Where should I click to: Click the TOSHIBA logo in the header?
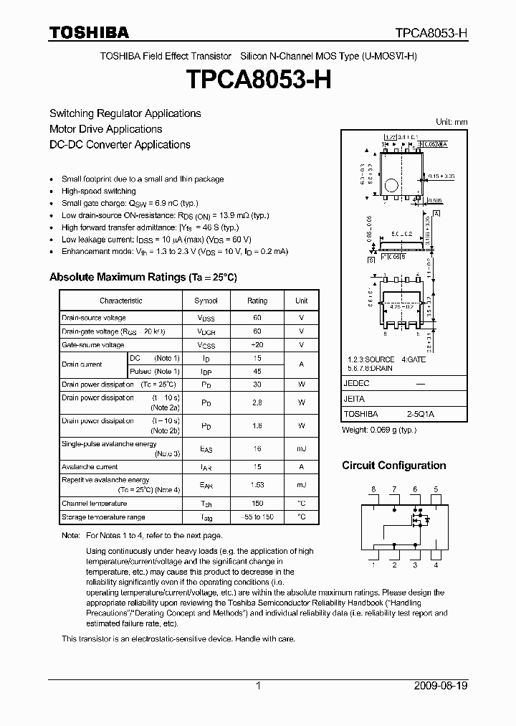89,32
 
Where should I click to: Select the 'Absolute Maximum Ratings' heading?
143,277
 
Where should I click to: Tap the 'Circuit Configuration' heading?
393,466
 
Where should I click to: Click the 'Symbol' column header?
206,301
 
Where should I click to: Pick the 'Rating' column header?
257,301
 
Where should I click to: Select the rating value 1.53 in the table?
257,485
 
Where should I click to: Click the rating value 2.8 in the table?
257,402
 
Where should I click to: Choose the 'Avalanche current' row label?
90,467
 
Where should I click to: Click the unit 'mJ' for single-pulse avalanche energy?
301,448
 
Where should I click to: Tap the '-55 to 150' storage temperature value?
257,517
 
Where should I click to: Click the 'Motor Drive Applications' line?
105,129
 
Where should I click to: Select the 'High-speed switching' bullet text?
99,192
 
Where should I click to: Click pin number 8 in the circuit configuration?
373,489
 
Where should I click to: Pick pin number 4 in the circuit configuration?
436,565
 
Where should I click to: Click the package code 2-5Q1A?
421,414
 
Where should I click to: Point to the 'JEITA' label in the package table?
354,399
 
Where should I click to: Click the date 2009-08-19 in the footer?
441,686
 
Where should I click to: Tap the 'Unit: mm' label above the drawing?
451,122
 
